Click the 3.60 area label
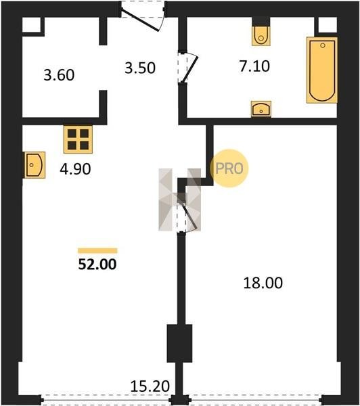point(59,75)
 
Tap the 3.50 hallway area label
point(140,68)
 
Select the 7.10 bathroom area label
point(254,66)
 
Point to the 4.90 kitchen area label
point(75,169)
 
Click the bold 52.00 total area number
point(97,265)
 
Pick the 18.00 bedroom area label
point(263,283)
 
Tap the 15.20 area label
point(150,386)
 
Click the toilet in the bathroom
point(261,36)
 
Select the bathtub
point(322,70)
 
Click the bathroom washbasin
point(261,109)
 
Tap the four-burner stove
point(78,139)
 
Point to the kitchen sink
point(35,165)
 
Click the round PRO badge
point(229,168)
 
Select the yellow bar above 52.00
point(97,250)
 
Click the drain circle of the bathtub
point(323,45)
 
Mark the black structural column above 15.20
point(179,343)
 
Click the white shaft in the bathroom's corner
point(328,25)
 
